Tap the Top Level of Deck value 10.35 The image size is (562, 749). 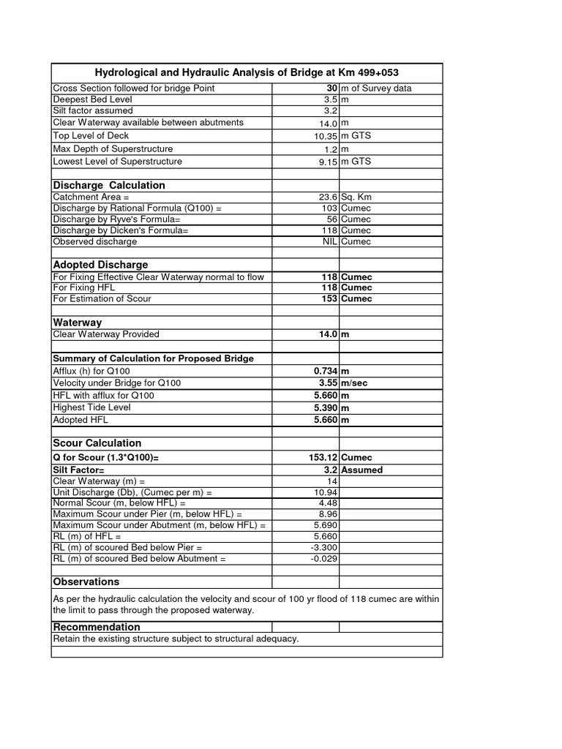[x=323, y=137]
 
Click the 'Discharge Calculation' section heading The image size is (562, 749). [x=109, y=185]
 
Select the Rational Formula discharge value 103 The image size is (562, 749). [x=329, y=208]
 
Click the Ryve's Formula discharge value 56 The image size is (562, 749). [x=331, y=219]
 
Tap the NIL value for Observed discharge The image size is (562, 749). [x=329, y=241]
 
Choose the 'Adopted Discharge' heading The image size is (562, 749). [x=100, y=265]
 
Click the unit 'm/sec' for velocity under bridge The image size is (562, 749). [x=356, y=383]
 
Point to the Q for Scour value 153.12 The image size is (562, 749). [x=323, y=457]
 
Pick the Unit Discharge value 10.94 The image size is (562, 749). [x=325, y=493]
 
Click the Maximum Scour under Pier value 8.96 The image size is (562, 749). [x=327, y=514]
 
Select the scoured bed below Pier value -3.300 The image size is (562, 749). [x=323, y=547]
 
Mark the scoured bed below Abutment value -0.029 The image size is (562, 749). [x=323, y=559]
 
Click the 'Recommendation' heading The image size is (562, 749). [x=96, y=627]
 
